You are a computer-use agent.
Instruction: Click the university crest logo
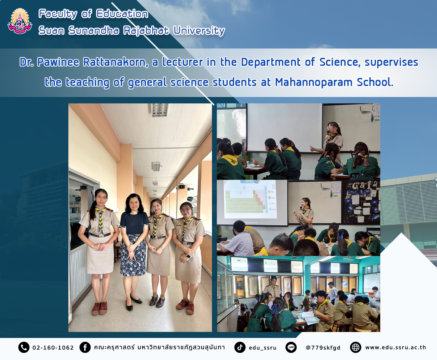[20, 21]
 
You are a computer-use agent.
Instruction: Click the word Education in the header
[122, 14]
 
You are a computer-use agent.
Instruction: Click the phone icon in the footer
[24, 347]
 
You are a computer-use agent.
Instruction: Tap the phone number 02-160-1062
[53, 348]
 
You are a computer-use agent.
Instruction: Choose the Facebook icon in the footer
[85, 347]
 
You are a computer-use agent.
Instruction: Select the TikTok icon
[240, 347]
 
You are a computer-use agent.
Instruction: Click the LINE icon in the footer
[291, 347]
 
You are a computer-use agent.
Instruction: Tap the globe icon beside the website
[356, 347]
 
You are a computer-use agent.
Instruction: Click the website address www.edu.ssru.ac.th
[396, 347]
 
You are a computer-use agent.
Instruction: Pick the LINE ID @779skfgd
[323, 348]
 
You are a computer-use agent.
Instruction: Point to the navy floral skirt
[133, 255]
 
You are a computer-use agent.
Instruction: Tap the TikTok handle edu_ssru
[262, 348]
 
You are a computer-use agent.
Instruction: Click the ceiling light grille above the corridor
[160, 110]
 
